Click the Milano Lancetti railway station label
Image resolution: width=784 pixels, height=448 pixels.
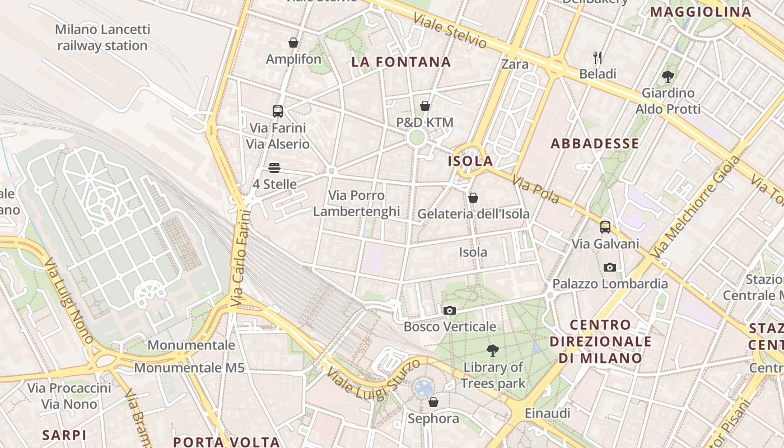[102, 38]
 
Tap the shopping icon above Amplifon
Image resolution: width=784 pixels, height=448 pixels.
[293, 43]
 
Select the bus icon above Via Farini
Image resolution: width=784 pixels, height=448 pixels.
[278, 111]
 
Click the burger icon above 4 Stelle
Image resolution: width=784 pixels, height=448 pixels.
[274, 168]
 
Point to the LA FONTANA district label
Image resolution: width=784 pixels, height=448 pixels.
[401, 62]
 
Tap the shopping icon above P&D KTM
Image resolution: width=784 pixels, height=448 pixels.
[425, 106]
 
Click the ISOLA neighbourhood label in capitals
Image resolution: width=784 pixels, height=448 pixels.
[470, 162]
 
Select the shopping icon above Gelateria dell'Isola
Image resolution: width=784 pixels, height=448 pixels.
[473, 198]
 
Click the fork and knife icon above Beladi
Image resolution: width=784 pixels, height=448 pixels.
[598, 57]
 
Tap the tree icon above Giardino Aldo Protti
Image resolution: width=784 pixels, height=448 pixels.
[668, 76]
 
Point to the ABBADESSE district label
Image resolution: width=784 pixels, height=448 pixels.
[595, 144]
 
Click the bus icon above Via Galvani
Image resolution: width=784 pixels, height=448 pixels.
[605, 227]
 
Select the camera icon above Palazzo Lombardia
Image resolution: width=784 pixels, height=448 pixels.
[610, 268]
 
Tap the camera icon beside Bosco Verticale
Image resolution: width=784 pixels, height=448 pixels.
[449, 311]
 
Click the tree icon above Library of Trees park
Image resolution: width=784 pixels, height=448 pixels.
[493, 351]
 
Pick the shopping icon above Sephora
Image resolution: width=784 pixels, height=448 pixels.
[433, 402]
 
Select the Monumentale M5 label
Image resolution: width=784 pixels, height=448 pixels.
[189, 368]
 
